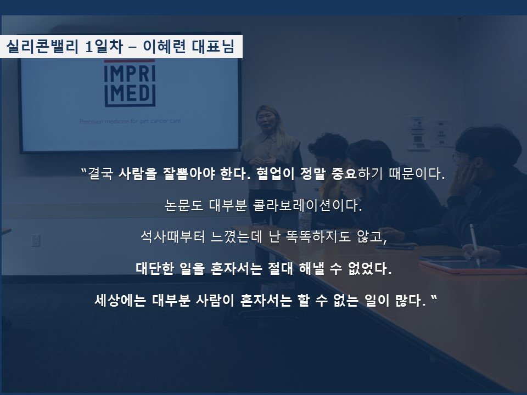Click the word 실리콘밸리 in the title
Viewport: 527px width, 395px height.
pyautogui.click(x=42, y=46)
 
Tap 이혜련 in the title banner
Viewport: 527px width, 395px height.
pyautogui.click(x=164, y=46)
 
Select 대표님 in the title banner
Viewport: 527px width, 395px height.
pyautogui.click(x=213, y=46)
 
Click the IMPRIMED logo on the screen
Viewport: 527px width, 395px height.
pyautogui.click(x=130, y=83)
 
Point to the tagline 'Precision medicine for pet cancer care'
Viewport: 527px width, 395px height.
pyautogui.click(x=130, y=121)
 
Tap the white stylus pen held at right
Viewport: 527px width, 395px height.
pyautogui.click(x=474, y=243)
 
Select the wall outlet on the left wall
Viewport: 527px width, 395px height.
pyautogui.click(x=35, y=240)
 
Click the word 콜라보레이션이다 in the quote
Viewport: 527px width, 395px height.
pyautogui.click(x=307, y=205)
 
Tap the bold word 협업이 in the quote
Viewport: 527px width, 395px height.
pyautogui.click(x=275, y=173)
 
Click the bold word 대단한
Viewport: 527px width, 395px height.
pyautogui.click(x=155, y=268)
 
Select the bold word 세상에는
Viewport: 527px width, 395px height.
pyautogui.click(x=120, y=300)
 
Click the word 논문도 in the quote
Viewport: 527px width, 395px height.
pyautogui.click(x=184, y=205)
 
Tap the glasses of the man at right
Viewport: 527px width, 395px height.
pyautogui.click(x=457, y=156)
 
